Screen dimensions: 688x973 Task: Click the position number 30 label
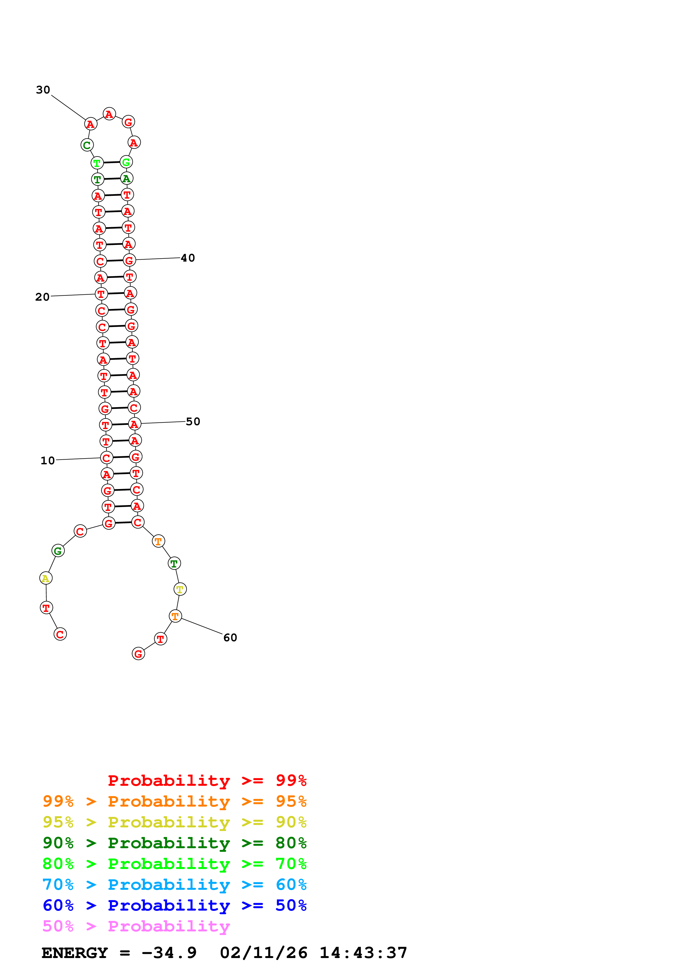[43, 90]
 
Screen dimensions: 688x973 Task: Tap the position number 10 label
[47, 461]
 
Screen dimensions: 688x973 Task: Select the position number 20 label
[42, 297]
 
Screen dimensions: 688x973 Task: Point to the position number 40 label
[188, 258]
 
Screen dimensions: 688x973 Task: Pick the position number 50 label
[193, 422]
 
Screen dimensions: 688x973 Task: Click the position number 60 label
[230, 638]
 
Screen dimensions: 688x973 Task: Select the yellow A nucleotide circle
[46, 578]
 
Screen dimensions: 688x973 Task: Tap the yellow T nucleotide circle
[180, 589]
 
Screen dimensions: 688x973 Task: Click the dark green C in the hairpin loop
[87, 145]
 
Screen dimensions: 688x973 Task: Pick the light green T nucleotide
[97, 163]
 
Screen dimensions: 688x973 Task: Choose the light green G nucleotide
[126, 162]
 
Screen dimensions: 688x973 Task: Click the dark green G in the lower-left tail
[58, 551]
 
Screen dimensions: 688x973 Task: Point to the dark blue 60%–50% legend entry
[174, 905]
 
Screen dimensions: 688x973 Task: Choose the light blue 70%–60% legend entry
[174, 885]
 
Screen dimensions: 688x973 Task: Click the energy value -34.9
[169, 953]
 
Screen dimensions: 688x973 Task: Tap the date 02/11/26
[264, 953]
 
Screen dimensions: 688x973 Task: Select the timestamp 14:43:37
[363, 953]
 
